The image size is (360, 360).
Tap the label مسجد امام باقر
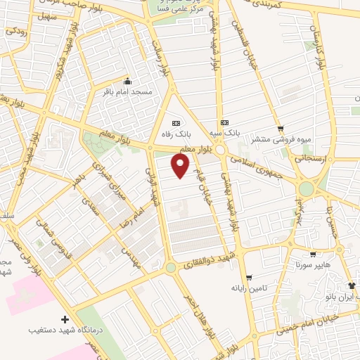click(x=127, y=91)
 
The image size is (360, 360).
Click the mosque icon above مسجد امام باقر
click(x=127, y=79)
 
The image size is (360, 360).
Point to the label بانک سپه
click(x=226, y=132)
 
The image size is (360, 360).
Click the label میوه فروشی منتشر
click(x=282, y=139)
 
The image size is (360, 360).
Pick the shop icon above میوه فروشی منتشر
click(x=281, y=129)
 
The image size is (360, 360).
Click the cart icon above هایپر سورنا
click(x=313, y=255)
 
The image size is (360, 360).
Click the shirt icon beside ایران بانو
click(x=352, y=285)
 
